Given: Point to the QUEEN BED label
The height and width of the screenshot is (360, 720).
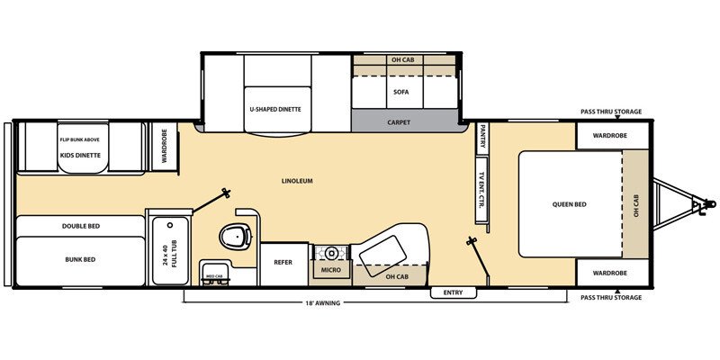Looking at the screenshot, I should point(569,204).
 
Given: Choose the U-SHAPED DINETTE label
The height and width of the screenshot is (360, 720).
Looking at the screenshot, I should point(274,109).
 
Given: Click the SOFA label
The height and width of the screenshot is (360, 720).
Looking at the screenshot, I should point(401,92).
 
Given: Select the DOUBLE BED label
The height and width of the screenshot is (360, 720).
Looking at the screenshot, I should point(80,225).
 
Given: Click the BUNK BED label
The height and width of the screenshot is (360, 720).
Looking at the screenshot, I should point(80,259).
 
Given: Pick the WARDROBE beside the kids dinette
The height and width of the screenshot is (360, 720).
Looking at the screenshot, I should point(164,145).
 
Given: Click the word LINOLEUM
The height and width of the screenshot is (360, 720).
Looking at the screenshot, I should point(295,181).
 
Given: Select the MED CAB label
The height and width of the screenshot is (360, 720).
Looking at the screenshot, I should point(214,276).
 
